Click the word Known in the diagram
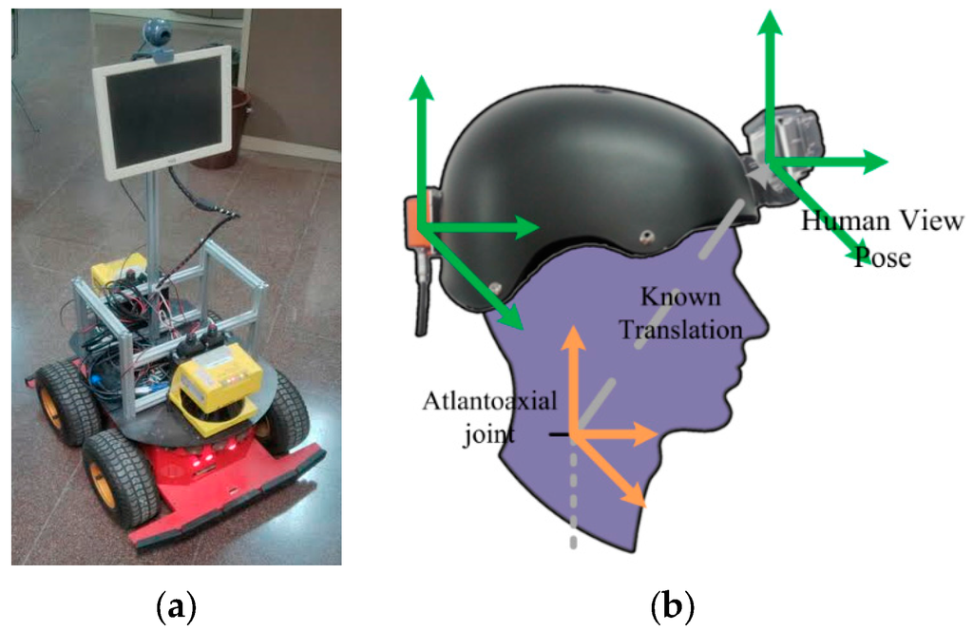pos(680,297)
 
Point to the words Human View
pos(883,221)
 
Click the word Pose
pos(883,257)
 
